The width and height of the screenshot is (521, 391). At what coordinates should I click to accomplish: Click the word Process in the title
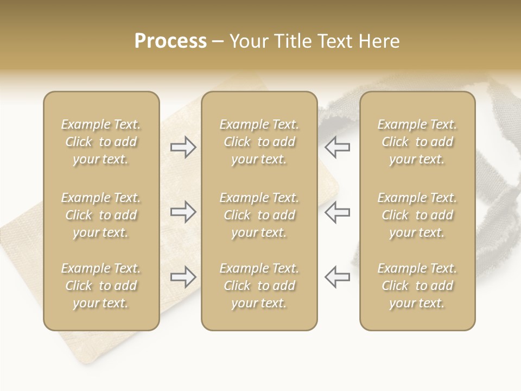[170, 41]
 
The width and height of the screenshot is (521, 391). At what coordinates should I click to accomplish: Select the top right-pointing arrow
[183, 147]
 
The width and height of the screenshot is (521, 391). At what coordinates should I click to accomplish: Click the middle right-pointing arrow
[183, 212]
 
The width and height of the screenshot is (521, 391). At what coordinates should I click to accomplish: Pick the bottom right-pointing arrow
[183, 277]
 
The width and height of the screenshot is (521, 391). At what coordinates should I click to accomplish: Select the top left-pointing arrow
[338, 147]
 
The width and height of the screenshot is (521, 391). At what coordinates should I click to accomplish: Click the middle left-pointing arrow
[338, 212]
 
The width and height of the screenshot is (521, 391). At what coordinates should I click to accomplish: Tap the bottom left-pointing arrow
[338, 277]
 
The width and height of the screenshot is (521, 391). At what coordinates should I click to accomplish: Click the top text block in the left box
[101, 142]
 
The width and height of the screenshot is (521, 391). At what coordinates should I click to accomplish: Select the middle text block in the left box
[101, 215]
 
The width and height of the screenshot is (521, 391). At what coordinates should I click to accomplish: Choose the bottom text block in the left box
[101, 286]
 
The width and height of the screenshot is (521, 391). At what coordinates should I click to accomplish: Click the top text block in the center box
[259, 142]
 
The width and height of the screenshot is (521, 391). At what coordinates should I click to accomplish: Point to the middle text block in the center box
[259, 215]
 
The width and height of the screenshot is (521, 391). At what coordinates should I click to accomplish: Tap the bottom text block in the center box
[259, 286]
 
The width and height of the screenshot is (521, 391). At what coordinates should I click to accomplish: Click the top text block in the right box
[417, 142]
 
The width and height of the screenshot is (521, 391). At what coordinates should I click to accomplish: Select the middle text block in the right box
[417, 215]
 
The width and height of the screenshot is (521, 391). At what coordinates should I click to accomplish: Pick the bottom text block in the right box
[417, 286]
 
